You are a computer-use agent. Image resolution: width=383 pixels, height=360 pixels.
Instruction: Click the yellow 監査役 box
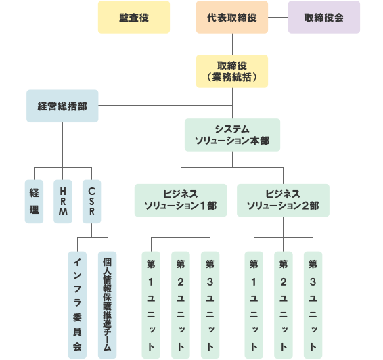pyautogui.click(x=134, y=17)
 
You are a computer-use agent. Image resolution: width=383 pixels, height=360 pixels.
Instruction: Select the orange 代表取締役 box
pyautogui.click(x=232, y=17)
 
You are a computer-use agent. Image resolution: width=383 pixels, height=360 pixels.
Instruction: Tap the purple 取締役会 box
pyautogui.click(x=324, y=17)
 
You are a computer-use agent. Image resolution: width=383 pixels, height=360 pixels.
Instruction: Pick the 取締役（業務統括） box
pyautogui.click(x=232, y=71)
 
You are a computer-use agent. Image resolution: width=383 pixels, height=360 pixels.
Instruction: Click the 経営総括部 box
pyautogui.click(x=62, y=106)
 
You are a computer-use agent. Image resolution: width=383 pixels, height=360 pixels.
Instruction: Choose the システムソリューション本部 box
pyautogui.click(x=232, y=135)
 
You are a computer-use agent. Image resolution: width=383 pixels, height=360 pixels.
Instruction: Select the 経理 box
pyautogui.click(x=34, y=202)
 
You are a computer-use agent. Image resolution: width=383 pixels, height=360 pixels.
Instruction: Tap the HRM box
pyautogui.click(x=63, y=202)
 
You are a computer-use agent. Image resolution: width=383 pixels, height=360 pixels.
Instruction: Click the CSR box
pyautogui.click(x=91, y=202)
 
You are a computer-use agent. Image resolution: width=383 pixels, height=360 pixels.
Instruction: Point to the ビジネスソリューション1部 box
pyautogui.click(x=181, y=200)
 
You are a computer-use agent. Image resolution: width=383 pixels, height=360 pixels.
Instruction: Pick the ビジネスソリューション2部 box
pyautogui.click(x=283, y=200)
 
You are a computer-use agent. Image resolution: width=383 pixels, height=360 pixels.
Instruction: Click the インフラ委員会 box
pyautogui.click(x=77, y=305)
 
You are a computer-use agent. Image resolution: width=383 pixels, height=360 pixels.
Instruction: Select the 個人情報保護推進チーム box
pyautogui.click(x=107, y=305)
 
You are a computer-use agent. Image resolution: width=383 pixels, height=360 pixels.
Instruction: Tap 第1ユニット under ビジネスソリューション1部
pyautogui.click(x=151, y=305)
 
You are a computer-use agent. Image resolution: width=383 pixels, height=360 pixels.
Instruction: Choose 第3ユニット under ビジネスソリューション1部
pyautogui.click(x=210, y=305)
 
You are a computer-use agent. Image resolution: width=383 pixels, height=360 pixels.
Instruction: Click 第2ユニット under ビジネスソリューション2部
pyautogui.click(x=284, y=305)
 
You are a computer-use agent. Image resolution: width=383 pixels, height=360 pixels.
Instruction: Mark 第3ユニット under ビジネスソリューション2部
pyautogui.click(x=313, y=305)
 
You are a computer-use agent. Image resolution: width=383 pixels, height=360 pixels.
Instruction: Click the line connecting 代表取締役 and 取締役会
pyautogui.click(x=278, y=18)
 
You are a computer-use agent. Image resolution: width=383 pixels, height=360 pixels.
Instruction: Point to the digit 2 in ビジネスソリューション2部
pyautogui.click(x=306, y=206)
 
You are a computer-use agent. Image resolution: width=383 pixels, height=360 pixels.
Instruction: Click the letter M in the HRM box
pyautogui.click(x=63, y=212)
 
